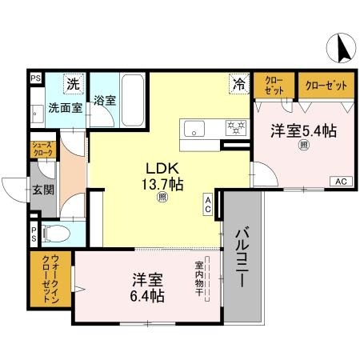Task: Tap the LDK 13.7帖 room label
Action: [x=164, y=177]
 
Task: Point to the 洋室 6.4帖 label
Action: [x=148, y=288]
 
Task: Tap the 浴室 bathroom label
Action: [x=105, y=101]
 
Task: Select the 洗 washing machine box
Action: [x=73, y=83]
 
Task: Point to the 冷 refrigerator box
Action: [x=238, y=82]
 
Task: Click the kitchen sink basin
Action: [x=197, y=128]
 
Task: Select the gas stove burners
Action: [x=235, y=127]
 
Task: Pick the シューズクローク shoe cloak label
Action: [x=42, y=150]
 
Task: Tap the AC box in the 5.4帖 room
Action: [x=340, y=180]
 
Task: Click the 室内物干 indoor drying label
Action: [x=198, y=278]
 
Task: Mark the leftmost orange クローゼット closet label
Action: [x=274, y=86]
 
